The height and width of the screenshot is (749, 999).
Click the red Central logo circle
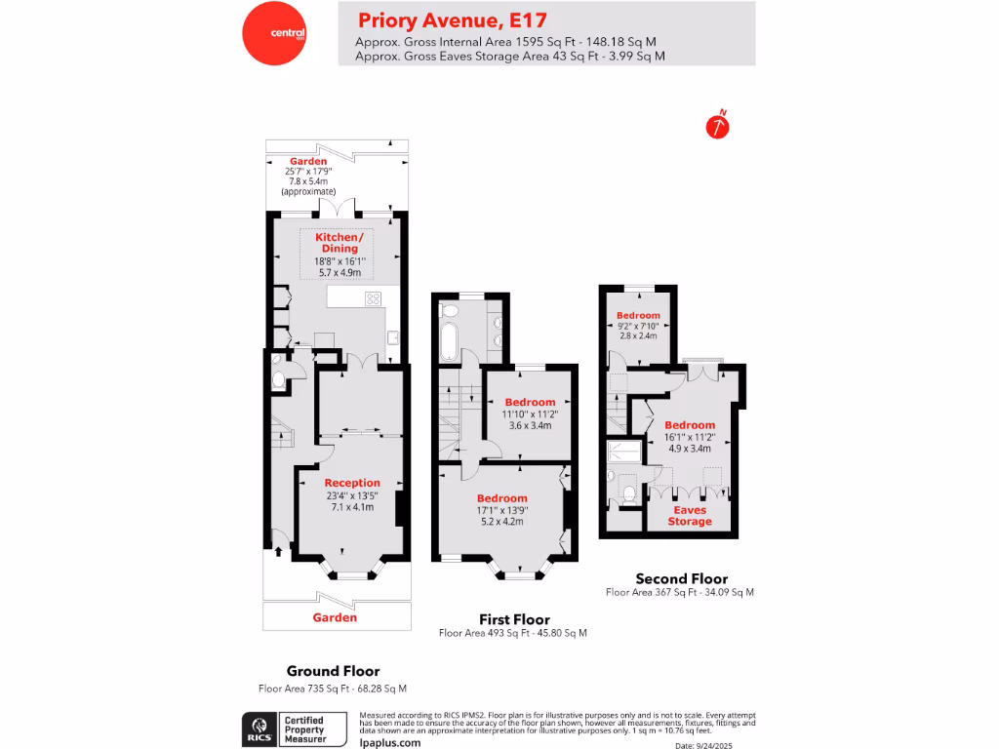tap(274, 33)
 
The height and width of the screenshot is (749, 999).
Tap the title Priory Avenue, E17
tap(452, 20)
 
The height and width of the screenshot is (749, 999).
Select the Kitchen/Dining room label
tap(339, 243)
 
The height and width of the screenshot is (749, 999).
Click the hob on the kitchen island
tap(373, 298)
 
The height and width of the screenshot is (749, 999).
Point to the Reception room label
tap(352, 483)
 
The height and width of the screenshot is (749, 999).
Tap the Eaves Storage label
tap(690, 515)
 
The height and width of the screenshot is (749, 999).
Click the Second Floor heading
tap(681, 578)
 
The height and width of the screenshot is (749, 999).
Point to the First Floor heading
tap(514, 619)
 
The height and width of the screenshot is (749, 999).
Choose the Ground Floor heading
tap(333, 671)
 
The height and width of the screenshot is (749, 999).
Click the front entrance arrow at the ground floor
tap(279, 552)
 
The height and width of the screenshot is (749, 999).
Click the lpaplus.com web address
tap(390, 742)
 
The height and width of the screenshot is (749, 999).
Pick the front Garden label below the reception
tap(335, 617)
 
